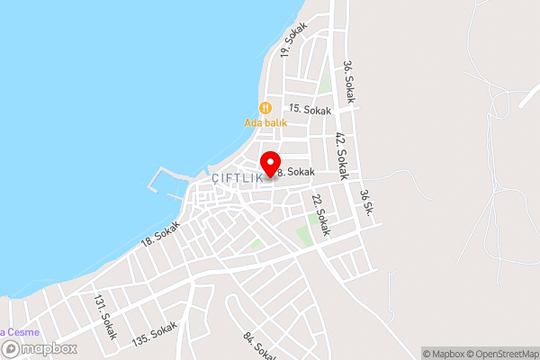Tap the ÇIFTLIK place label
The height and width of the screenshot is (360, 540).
238,178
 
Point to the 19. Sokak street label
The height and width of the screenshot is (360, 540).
294,41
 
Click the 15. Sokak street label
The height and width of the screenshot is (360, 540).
310,109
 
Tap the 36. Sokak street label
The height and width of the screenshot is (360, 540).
349,82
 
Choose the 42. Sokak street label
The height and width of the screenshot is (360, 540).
341,153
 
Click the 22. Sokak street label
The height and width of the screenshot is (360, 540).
321,215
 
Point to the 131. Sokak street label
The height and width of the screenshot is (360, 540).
105,319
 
